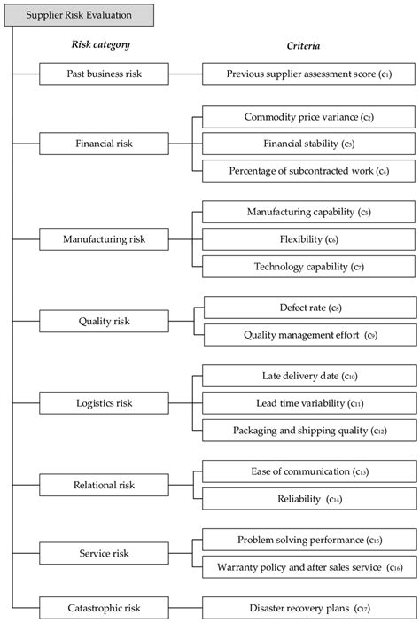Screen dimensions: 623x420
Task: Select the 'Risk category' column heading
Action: pos(99,43)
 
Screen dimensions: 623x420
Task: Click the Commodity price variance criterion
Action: pos(308,116)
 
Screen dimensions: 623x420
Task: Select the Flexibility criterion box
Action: pos(308,238)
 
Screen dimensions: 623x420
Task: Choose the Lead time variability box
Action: pos(308,403)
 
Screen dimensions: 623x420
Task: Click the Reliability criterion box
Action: pos(308,499)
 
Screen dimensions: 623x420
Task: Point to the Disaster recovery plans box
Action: pos(308,608)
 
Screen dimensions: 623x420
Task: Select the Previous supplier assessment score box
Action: pos(308,74)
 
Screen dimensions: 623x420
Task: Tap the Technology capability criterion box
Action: pos(308,266)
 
